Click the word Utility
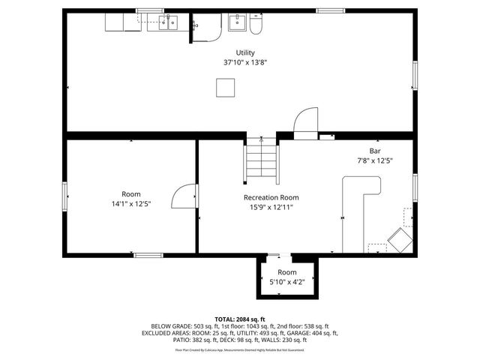pos(244,52)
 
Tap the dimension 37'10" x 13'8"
pos(244,63)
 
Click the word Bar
pos(374,151)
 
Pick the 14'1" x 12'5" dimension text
pos(131,203)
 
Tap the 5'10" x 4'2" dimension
pos(287,282)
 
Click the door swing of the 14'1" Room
pos(184,197)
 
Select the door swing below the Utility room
pos(305,124)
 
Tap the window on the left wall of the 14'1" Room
pos(64,196)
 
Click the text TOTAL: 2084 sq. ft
pos(239,319)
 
